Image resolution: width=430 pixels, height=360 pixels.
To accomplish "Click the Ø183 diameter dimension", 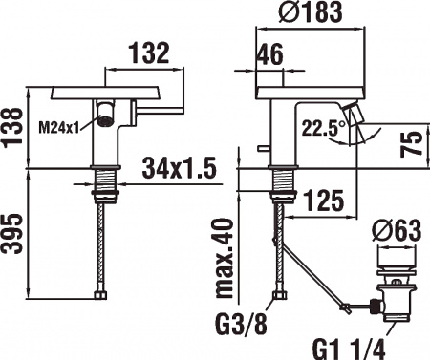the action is coord(311,11).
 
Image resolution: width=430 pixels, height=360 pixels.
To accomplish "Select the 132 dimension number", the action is coord(149,53).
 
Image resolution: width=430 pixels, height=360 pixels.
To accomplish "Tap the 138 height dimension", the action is coord(12,128).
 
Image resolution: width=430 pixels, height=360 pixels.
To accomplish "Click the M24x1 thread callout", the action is coord(58,129).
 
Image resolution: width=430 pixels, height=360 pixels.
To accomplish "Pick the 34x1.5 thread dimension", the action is coord(180,168).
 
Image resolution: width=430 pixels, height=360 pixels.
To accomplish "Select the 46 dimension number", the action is coord(270,54).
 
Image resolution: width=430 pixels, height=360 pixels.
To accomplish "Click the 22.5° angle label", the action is coord(323,128).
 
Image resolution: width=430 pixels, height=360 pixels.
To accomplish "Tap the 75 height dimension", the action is coord(411,144).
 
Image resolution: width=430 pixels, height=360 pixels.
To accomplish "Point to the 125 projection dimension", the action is coord(324,201).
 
